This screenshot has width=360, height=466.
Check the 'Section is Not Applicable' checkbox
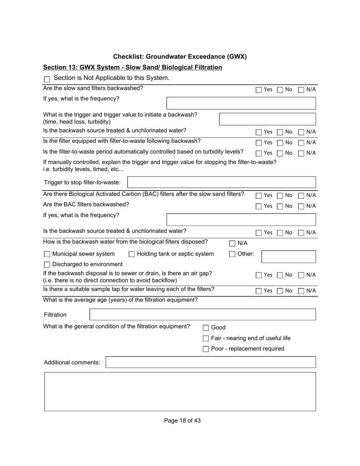[47, 79]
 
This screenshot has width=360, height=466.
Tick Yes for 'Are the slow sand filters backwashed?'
[258, 90]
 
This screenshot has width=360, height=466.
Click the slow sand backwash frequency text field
[241, 103]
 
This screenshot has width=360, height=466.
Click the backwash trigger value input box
[267, 119]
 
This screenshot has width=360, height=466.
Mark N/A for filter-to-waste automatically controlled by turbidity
[301, 153]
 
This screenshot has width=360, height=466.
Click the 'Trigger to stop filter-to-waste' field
[221, 182]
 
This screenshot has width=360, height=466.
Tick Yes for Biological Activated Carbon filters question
[258, 196]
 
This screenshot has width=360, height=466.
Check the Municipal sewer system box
[47, 254]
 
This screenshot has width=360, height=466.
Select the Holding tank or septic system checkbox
[131, 254]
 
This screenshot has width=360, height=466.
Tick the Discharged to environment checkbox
[47, 265]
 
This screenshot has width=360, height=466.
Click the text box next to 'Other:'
[288, 256]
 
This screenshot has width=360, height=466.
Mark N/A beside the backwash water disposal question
[232, 244]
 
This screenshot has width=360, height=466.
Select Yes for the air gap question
[258, 275]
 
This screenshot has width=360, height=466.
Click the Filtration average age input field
[202, 314]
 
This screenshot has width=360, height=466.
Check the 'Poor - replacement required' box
[206, 349]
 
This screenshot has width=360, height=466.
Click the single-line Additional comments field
[210, 362]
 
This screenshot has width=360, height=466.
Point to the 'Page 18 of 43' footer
[182, 421]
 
